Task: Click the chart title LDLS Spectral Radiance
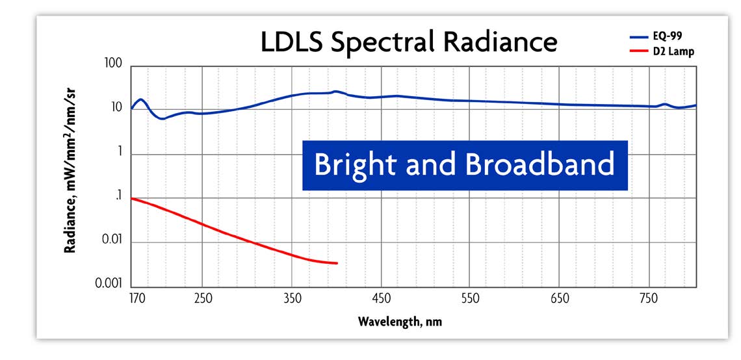pos(408,42)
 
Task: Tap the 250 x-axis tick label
pos(203,300)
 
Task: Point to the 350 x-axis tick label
pos(292,300)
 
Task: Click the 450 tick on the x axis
pos(382,300)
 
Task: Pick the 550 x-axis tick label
pos(470,300)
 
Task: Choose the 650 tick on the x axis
pos(560,300)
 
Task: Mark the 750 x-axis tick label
pos(649,300)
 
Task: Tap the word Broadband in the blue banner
pos(539,164)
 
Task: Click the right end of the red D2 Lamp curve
pos(337,263)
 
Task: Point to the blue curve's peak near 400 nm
pos(335,92)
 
